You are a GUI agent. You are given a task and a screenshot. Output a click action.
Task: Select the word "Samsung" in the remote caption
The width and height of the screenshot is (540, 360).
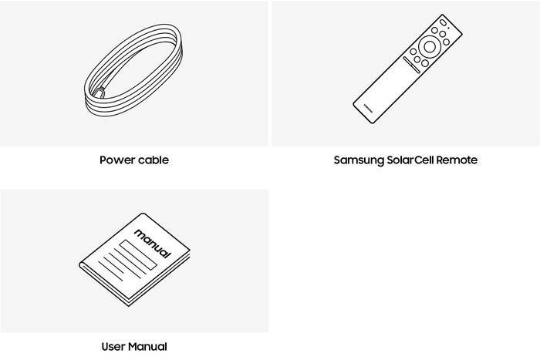point(359,160)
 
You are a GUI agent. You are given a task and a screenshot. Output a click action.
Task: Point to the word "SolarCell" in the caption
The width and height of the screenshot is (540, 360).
point(410,160)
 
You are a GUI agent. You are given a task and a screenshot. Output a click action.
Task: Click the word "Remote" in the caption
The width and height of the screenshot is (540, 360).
point(457,160)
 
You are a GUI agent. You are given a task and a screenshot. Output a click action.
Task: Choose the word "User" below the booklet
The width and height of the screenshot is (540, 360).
point(113,346)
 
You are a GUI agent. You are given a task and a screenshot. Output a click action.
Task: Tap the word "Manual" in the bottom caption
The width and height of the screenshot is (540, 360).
point(148,346)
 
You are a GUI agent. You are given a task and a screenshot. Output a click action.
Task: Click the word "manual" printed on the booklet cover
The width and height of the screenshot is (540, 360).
point(153,244)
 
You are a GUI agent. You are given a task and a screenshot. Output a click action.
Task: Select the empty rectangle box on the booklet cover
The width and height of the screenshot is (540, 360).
point(138,255)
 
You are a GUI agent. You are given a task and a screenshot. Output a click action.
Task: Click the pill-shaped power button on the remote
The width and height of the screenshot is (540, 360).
point(443,22)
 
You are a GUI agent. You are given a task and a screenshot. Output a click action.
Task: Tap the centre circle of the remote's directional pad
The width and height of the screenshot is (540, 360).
point(430,46)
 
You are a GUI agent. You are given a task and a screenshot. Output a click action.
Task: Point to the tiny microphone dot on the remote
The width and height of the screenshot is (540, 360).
point(448,28)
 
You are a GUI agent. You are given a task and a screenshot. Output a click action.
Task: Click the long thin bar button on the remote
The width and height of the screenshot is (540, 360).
point(411,65)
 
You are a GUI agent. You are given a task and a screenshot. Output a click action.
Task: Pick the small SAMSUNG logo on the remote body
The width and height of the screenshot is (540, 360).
point(368,108)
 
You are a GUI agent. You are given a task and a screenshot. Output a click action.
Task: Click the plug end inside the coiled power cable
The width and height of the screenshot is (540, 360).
point(99,93)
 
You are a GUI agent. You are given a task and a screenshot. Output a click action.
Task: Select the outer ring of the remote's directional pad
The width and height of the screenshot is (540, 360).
point(430,36)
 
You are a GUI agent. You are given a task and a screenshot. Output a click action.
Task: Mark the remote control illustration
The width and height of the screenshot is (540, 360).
point(407,69)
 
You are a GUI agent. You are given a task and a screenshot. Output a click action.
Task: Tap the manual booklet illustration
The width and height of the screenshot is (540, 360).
point(135,260)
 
